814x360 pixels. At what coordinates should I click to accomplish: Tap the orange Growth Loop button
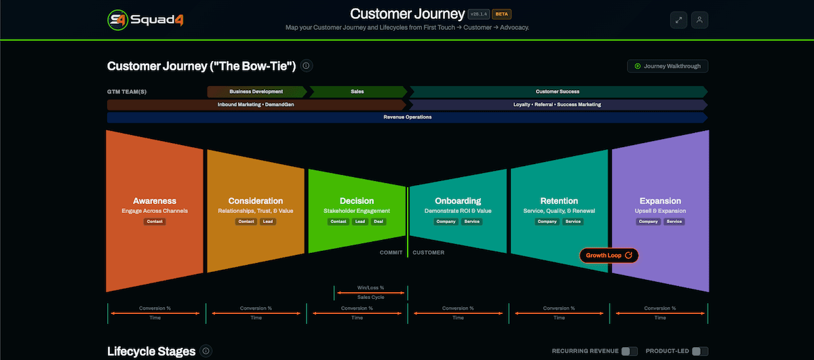click(x=608, y=256)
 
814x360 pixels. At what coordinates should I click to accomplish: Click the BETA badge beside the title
click(x=501, y=14)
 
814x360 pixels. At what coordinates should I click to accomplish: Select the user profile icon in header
click(x=699, y=20)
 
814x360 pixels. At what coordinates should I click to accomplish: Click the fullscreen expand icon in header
click(x=678, y=20)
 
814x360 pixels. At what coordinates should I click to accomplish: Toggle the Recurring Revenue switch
click(x=629, y=351)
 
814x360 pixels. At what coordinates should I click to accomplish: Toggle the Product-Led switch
click(x=699, y=351)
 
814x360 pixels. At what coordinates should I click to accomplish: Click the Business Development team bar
click(x=256, y=92)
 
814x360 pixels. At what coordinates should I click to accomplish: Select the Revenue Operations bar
click(x=407, y=117)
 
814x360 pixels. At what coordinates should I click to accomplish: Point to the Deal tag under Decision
click(x=379, y=222)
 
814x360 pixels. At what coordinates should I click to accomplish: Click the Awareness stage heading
click(x=155, y=201)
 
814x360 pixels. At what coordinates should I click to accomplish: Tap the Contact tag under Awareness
click(x=155, y=222)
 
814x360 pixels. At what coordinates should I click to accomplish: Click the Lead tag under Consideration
click(x=268, y=222)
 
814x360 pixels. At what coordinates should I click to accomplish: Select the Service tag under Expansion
click(x=674, y=222)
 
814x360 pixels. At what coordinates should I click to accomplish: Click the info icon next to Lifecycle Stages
click(x=206, y=351)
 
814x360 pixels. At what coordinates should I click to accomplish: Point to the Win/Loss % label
click(x=370, y=287)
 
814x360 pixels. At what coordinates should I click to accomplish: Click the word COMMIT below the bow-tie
click(x=391, y=253)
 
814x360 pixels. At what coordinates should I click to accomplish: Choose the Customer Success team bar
click(x=558, y=92)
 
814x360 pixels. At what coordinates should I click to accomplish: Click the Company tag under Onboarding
click(x=446, y=222)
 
